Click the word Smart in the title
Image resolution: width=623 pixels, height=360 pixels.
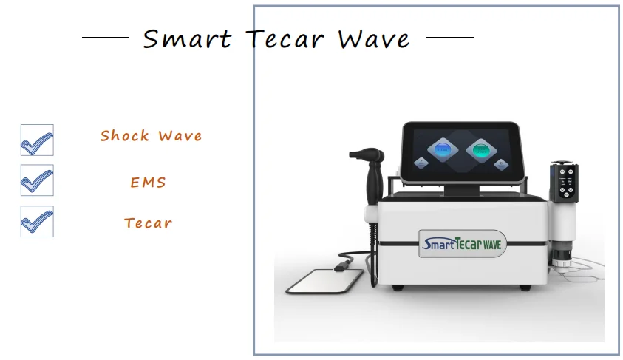click(x=186, y=38)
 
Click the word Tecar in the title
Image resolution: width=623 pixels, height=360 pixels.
click(x=285, y=38)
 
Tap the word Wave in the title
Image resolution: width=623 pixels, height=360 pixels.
click(x=374, y=38)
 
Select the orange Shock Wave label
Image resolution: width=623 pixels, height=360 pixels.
click(x=152, y=136)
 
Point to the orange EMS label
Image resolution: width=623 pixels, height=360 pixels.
click(x=149, y=183)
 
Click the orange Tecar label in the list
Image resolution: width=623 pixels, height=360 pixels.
click(x=149, y=223)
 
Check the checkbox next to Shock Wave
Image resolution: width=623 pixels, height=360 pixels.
click(x=37, y=140)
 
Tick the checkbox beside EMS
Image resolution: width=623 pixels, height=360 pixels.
click(x=37, y=180)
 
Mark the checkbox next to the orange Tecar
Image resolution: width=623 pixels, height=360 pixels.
click(x=37, y=221)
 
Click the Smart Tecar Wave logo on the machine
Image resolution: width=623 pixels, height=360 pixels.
click(x=461, y=242)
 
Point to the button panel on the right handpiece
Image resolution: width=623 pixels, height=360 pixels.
click(x=567, y=181)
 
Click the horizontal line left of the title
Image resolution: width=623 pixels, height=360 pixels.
click(x=105, y=37)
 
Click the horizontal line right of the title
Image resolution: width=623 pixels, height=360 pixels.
click(x=450, y=37)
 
